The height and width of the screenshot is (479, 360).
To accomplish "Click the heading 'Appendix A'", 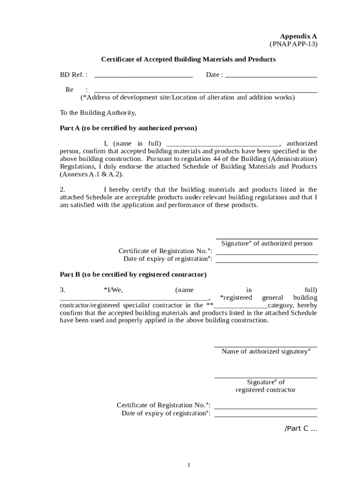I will (x=298, y=36).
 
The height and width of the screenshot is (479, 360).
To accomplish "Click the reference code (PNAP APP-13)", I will (x=293, y=44).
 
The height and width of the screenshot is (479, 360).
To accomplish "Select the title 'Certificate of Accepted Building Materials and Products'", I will (x=188, y=59).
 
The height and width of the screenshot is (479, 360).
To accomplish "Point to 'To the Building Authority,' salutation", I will (x=98, y=113).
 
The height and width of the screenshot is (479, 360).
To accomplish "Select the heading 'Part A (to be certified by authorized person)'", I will (x=128, y=128).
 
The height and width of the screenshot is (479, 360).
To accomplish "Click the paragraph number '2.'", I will (x=62, y=189).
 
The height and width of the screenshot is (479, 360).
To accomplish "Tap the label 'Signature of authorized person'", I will (x=266, y=243).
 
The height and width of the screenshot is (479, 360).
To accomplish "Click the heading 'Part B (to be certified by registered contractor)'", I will (x=133, y=274).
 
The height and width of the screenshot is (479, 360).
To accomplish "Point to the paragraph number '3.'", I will (x=62, y=290).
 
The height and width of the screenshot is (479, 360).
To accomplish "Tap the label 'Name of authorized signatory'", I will (x=266, y=351).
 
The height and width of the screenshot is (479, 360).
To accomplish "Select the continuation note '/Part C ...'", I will (x=301, y=429).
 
